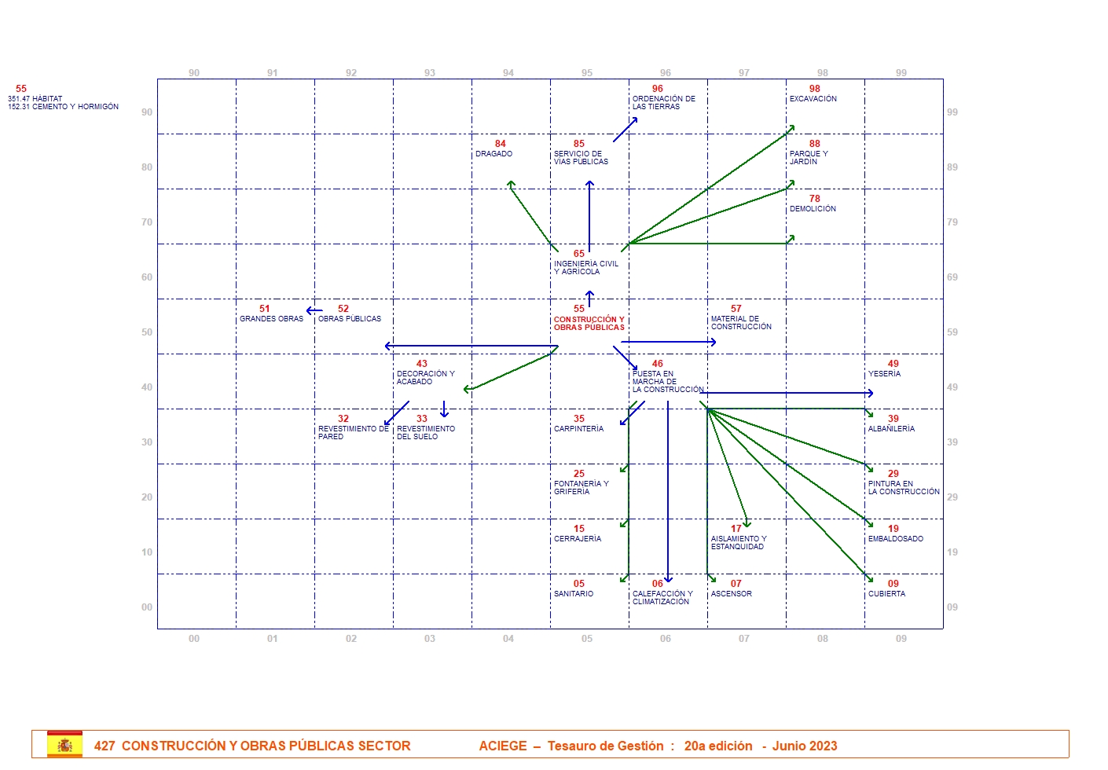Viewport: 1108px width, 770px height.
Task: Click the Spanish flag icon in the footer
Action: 64,744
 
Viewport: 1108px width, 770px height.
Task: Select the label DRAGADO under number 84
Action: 493,154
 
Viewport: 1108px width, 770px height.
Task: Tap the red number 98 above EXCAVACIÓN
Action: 814,89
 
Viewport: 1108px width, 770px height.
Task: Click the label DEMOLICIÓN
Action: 813,209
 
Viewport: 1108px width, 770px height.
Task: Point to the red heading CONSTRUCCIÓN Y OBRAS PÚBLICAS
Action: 589,323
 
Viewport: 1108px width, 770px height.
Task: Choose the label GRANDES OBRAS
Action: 271,319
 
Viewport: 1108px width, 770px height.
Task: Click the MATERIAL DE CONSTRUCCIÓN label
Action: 740,323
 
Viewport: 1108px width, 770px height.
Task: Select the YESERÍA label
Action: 884,374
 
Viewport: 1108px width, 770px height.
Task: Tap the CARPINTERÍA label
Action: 578,429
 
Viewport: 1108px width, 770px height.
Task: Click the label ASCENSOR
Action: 731,594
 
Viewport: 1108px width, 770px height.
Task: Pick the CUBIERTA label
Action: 886,594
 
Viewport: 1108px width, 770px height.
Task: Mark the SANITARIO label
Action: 573,594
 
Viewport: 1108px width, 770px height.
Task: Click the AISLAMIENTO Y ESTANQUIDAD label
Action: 738,543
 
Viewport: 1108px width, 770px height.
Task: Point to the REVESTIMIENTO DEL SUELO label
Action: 425,433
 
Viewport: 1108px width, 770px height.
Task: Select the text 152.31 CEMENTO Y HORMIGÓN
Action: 63,107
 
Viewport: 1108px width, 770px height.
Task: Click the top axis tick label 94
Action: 508,73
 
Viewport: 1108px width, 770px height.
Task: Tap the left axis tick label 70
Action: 147,222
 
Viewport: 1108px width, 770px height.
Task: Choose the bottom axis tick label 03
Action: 430,639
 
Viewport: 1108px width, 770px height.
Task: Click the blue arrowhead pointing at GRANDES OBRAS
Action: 309,310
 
